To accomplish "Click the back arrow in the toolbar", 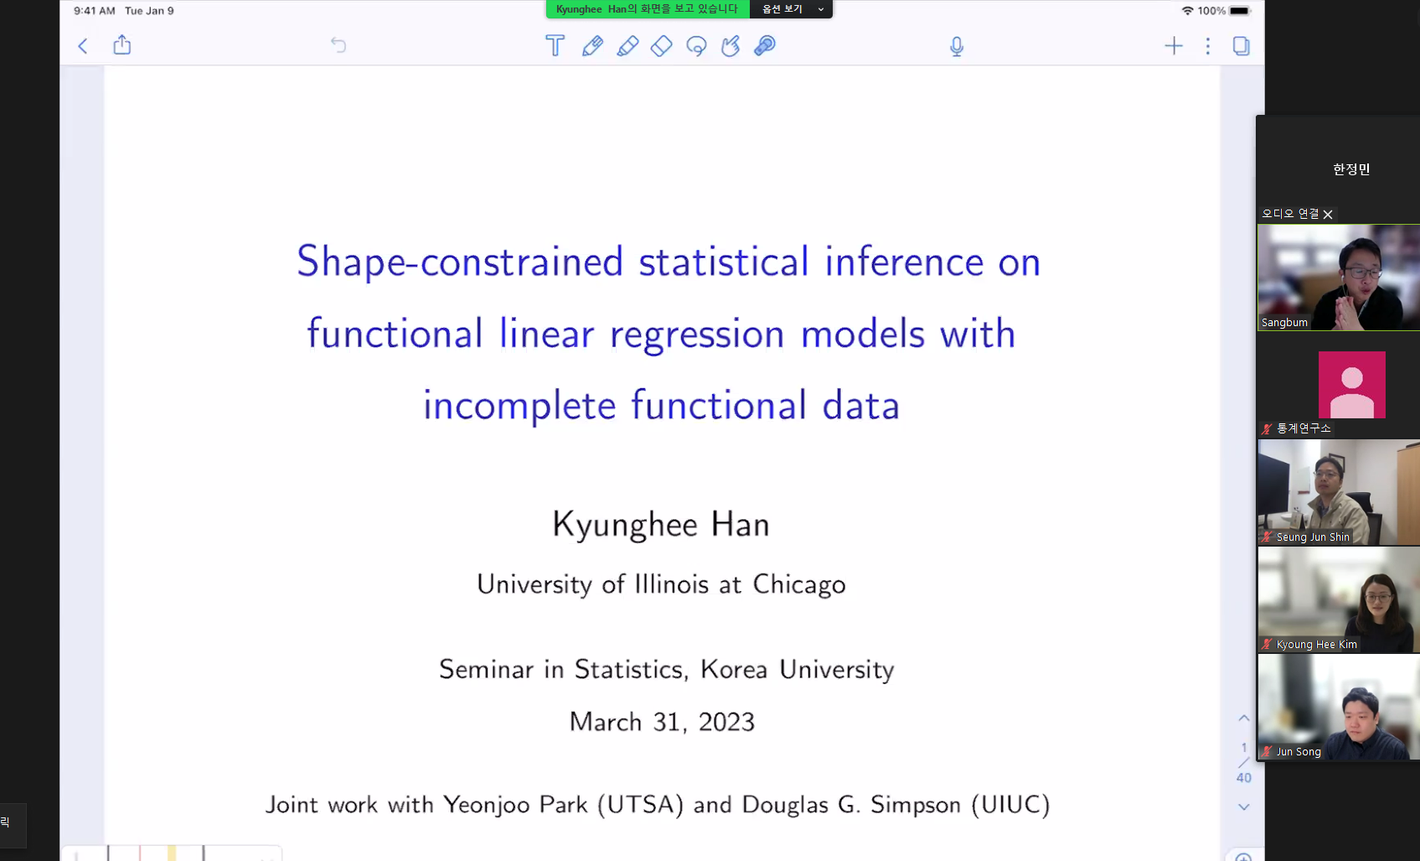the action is (x=82, y=45).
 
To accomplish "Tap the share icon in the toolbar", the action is (x=121, y=45).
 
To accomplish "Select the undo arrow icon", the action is (x=338, y=45).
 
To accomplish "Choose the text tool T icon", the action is (x=555, y=45).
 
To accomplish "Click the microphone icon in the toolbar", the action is (x=957, y=46).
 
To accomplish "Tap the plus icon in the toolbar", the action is (x=1174, y=45).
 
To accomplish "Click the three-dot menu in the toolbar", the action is (x=1208, y=45).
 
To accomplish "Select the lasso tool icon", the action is (x=696, y=45).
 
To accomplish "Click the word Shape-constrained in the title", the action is (x=460, y=262).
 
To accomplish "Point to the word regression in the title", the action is (x=697, y=335).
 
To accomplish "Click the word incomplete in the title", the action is (x=519, y=406).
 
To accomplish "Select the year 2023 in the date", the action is (x=726, y=722).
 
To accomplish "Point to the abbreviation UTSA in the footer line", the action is (x=640, y=805).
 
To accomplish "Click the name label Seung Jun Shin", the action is (x=1312, y=537).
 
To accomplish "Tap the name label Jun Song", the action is (x=1299, y=751).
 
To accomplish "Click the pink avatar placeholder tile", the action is (x=1351, y=385).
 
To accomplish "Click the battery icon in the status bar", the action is (x=1239, y=11).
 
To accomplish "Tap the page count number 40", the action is (x=1244, y=778).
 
